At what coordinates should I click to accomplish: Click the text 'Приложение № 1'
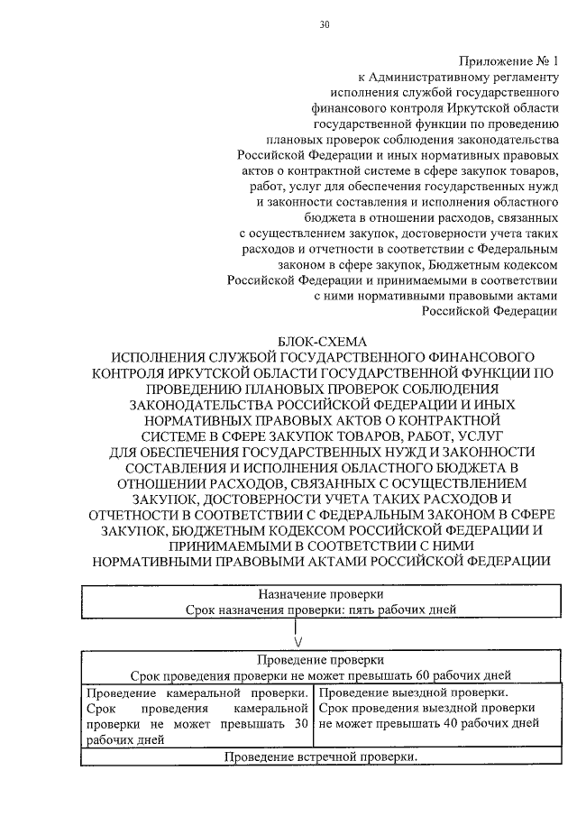(x=509, y=61)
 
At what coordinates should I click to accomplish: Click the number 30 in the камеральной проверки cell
(x=301, y=724)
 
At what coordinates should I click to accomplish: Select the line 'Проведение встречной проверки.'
(x=321, y=756)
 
